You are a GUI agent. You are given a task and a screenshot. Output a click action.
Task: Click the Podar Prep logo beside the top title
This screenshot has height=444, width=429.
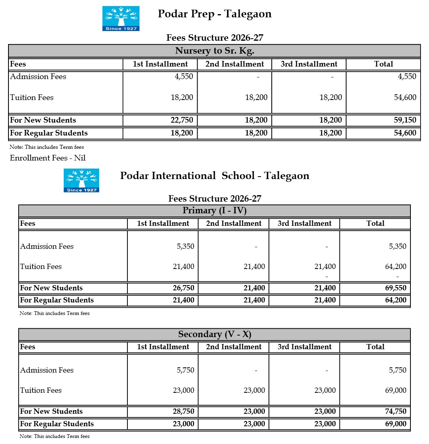coord(121,19)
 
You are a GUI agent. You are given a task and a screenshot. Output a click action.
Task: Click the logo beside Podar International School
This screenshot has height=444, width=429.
coord(81,180)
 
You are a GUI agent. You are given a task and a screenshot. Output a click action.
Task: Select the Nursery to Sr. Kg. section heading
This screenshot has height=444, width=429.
coord(214,51)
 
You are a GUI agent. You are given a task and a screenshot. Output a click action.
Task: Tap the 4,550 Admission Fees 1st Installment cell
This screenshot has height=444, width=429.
coord(183,77)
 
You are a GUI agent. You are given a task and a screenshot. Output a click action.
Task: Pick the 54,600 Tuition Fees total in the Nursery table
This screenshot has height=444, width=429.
coord(405,98)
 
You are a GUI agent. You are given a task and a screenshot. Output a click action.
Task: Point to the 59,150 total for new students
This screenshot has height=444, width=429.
coord(405,120)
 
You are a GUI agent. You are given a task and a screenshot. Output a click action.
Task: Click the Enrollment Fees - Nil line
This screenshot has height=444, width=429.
coord(48,158)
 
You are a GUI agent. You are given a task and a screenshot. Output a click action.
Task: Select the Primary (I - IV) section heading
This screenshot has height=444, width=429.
coord(214,211)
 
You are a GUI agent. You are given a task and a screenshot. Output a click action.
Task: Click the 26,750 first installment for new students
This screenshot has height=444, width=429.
coord(183,288)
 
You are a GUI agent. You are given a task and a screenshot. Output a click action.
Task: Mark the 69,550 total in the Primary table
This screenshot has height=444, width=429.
coord(395,288)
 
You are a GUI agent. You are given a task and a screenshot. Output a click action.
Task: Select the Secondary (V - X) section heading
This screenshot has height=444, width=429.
coord(214,334)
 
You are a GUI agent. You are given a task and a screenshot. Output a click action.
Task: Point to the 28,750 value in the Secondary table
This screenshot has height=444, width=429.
coord(183,411)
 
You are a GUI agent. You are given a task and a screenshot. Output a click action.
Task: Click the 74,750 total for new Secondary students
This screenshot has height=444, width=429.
coord(395,411)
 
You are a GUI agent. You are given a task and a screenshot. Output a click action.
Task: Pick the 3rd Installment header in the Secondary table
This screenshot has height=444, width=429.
coord(304,347)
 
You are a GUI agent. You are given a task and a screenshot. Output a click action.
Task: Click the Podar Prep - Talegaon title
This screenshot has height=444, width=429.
coord(214,14)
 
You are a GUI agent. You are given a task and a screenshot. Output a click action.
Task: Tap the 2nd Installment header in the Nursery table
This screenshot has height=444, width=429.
coord(234,64)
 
